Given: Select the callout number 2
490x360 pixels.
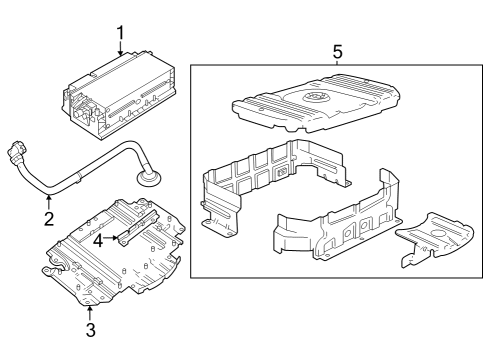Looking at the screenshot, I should [x=48, y=219].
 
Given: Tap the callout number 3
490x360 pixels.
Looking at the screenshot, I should [x=89, y=329].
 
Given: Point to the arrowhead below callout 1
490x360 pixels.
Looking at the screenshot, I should [x=120, y=56].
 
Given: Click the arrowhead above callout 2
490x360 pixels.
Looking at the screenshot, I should [x=48, y=200].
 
